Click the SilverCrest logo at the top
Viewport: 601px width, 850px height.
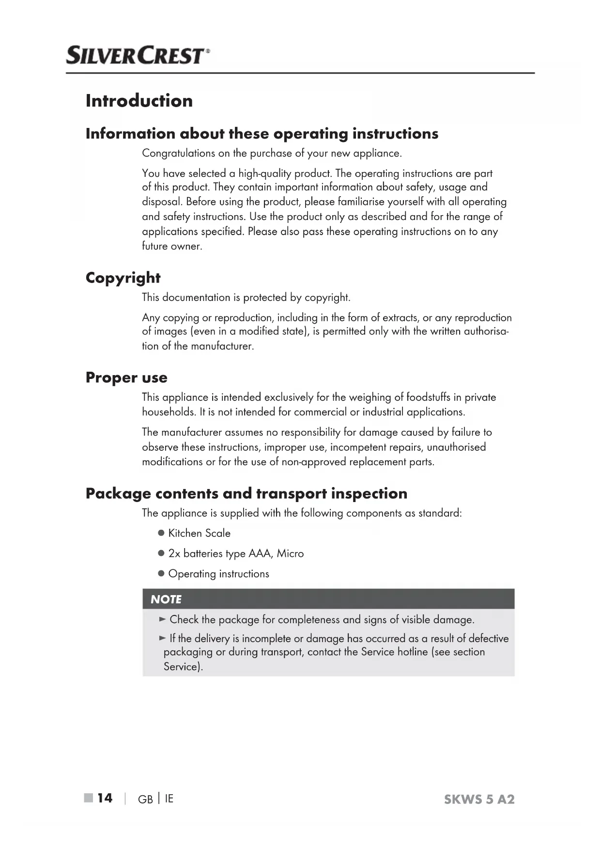[x=138, y=55]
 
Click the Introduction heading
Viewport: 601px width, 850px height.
[x=139, y=101]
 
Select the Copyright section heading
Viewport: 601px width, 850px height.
[x=123, y=278]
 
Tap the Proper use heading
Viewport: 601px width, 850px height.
[x=126, y=378]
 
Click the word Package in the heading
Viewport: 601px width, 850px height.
[x=118, y=494]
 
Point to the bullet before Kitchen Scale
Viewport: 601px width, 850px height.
[x=162, y=533]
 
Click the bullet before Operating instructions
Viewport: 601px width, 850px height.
[x=162, y=574]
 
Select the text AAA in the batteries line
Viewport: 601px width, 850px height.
[x=260, y=553]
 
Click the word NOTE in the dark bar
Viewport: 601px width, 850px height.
[x=166, y=599]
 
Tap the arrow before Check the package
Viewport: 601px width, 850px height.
[x=163, y=619]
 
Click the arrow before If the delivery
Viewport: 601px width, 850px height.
[x=163, y=638]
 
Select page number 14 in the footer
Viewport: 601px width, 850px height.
[x=105, y=798]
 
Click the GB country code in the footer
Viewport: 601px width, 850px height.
[x=145, y=799]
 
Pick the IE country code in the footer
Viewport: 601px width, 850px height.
[x=169, y=799]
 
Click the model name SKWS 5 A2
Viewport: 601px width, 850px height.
[x=479, y=799]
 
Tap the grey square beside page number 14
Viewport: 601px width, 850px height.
[x=88, y=798]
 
